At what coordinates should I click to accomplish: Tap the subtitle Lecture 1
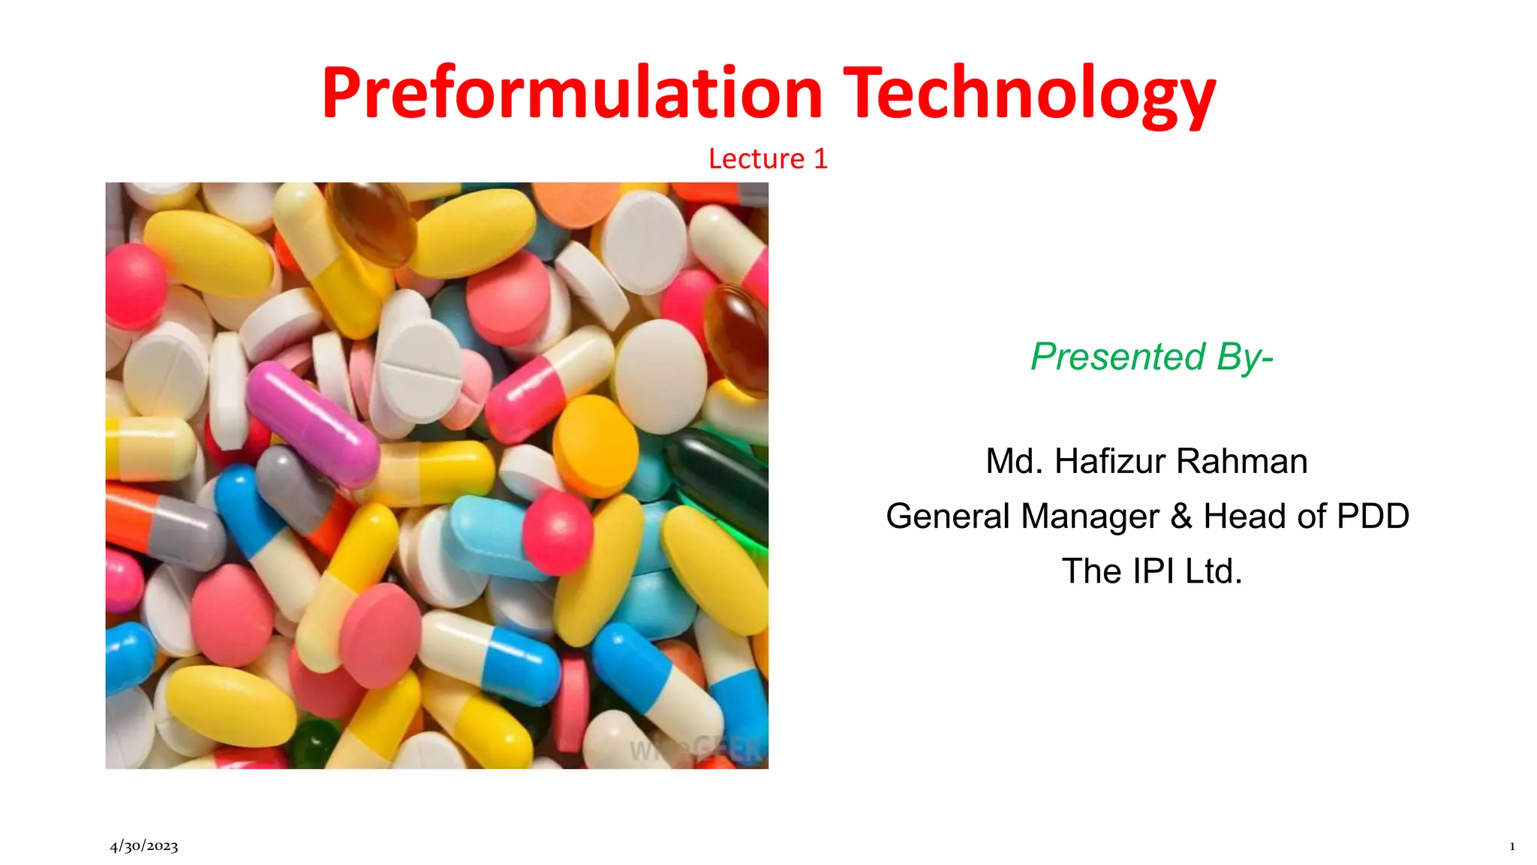[768, 158]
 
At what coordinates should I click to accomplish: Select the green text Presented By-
[1151, 357]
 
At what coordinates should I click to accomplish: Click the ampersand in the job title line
[1181, 516]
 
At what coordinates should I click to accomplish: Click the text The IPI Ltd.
[1151, 571]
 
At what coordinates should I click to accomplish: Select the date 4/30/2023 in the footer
[144, 846]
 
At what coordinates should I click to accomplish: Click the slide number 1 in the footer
[1511, 846]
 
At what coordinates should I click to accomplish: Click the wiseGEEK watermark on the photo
[694, 749]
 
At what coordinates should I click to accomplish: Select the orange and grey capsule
[161, 526]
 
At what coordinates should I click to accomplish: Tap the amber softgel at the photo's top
[371, 222]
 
